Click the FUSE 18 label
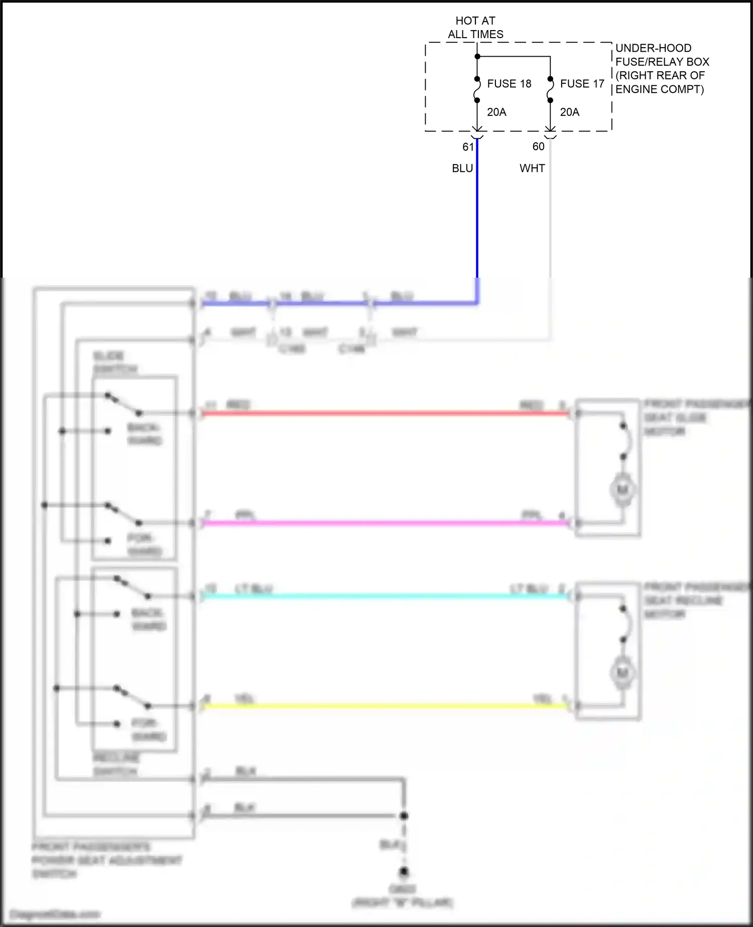[x=509, y=84]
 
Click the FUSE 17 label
[x=582, y=84]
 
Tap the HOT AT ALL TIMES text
[x=475, y=28]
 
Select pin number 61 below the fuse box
[x=468, y=147]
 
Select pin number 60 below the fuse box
[x=538, y=147]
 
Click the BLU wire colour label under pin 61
[x=462, y=168]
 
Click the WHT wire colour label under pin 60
[x=532, y=168]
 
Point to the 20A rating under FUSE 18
[x=496, y=112]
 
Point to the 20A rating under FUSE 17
[x=569, y=112]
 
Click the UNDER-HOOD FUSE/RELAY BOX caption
[x=662, y=69]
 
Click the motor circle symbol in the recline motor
[x=622, y=672]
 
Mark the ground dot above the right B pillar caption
[x=404, y=872]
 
